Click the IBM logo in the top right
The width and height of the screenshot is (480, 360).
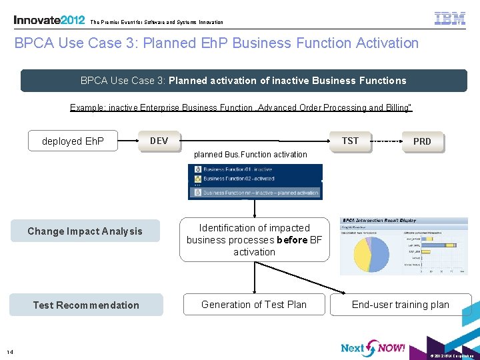[x=450, y=19]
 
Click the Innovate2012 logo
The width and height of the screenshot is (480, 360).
[x=49, y=20]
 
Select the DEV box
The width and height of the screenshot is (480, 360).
[x=159, y=141]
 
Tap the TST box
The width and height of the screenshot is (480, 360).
[x=350, y=141]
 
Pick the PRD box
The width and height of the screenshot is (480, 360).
[x=422, y=141]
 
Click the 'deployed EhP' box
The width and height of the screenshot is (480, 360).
[x=73, y=141]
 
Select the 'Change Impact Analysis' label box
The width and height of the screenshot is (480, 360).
[x=85, y=231]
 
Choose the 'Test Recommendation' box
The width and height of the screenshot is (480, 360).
[x=86, y=305]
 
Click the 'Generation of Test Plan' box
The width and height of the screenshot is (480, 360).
[x=254, y=305]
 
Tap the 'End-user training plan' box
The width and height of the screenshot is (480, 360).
[x=401, y=305]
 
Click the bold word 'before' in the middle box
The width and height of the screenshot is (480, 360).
[x=293, y=240]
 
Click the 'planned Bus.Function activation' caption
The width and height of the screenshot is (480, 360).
[x=251, y=155]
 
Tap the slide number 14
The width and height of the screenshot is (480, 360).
[x=9, y=352]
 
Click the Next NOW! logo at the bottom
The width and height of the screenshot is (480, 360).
[x=373, y=347]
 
